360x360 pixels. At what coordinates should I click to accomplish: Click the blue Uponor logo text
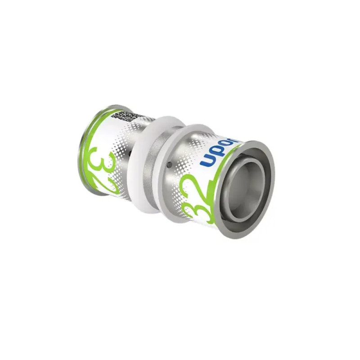point(219,151)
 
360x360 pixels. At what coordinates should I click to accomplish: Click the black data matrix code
point(122,116)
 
